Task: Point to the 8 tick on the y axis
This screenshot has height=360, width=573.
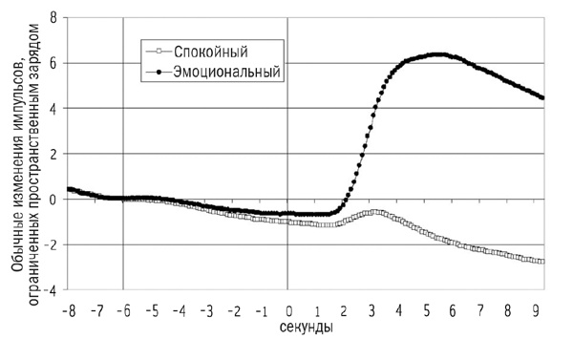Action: click(53, 17)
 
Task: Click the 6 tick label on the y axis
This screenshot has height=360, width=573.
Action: click(53, 63)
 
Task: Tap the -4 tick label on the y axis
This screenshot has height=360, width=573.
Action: click(50, 289)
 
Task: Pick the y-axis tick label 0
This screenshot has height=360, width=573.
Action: click(53, 200)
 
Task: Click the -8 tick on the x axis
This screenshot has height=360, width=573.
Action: click(69, 312)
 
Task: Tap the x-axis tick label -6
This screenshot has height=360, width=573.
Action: click(123, 312)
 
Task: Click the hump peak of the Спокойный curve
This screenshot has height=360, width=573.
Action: click(378, 212)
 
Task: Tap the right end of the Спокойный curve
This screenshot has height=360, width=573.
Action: click(543, 262)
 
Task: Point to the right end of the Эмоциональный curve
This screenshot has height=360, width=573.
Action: click(543, 97)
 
